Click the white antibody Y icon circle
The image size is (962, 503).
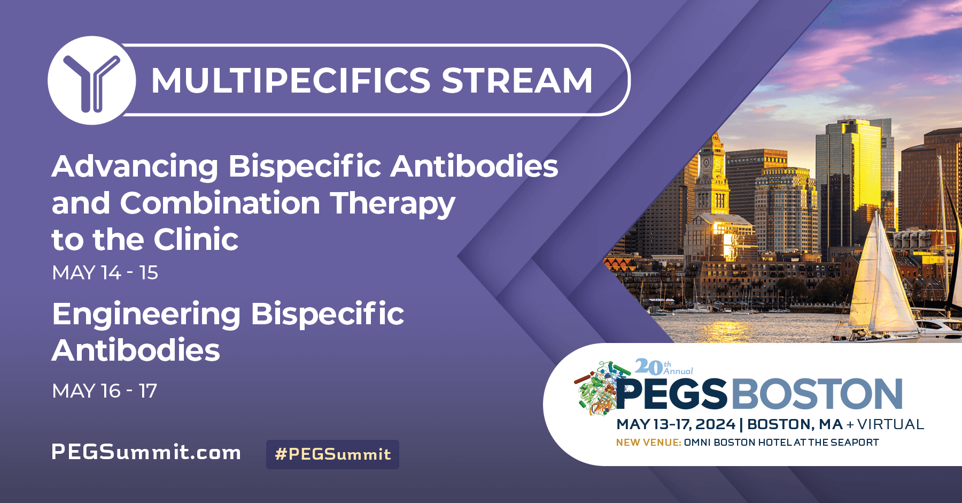(x=91, y=81)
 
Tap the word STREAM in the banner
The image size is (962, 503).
(x=517, y=81)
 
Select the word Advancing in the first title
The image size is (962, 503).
(x=135, y=166)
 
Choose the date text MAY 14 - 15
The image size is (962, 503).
(x=105, y=273)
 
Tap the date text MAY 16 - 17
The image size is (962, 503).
(x=105, y=391)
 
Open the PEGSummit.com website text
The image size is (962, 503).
(x=146, y=452)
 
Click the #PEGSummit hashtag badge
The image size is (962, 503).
(x=332, y=454)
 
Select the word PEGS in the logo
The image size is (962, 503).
(x=672, y=394)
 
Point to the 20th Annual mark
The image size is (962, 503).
(x=663, y=367)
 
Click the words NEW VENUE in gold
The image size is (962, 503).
(x=648, y=443)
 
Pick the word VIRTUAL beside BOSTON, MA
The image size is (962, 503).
(x=891, y=424)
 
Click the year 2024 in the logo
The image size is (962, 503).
(x=716, y=424)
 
